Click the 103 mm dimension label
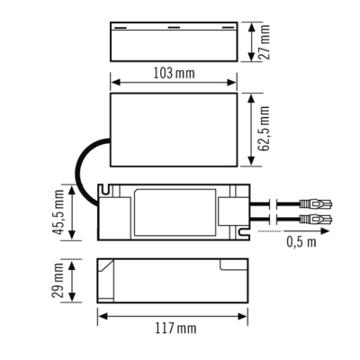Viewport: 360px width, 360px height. [173, 71]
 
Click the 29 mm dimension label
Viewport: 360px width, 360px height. [58, 282]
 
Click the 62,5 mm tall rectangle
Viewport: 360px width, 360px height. [171, 131]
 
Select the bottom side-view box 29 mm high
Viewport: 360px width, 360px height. [172, 282]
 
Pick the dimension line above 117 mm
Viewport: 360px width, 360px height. [172, 315]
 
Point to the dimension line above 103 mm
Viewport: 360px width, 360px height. [172, 83]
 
